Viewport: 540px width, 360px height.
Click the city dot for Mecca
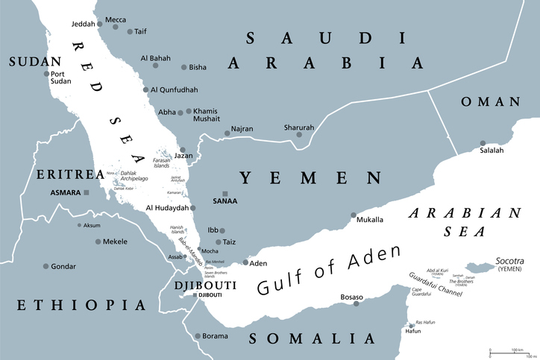[x=115, y=28]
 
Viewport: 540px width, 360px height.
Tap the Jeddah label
[x=86, y=23]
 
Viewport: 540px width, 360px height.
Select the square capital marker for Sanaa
[x=225, y=193]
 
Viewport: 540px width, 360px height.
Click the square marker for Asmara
[x=87, y=192]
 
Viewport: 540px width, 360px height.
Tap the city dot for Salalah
[x=483, y=142]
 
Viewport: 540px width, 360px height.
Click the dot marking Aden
[x=246, y=263]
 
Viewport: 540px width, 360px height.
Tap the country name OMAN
[x=489, y=101]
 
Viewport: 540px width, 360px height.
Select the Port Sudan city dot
[x=46, y=73]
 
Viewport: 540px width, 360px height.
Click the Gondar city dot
[x=46, y=266]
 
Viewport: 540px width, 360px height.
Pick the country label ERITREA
[x=69, y=174]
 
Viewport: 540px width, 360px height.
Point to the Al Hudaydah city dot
[x=193, y=208]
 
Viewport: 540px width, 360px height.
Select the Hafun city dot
[x=409, y=326]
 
